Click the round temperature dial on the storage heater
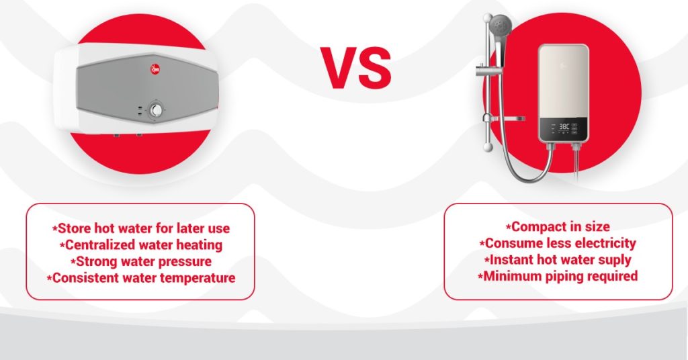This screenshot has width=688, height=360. (x=157, y=111)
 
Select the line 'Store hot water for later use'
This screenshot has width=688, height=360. (x=140, y=228)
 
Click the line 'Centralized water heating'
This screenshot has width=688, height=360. (x=140, y=245)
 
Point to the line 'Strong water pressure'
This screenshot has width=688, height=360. (x=140, y=261)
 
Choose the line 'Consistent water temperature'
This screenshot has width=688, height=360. (x=140, y=277)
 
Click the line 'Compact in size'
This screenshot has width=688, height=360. (x=558, y=227)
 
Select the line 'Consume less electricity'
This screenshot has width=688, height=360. (x=558, y=243)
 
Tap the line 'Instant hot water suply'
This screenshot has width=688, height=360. (x=558, y=260)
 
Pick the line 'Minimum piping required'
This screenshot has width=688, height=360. (x=558, y=276)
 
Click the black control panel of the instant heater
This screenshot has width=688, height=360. (x=562, y=130)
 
